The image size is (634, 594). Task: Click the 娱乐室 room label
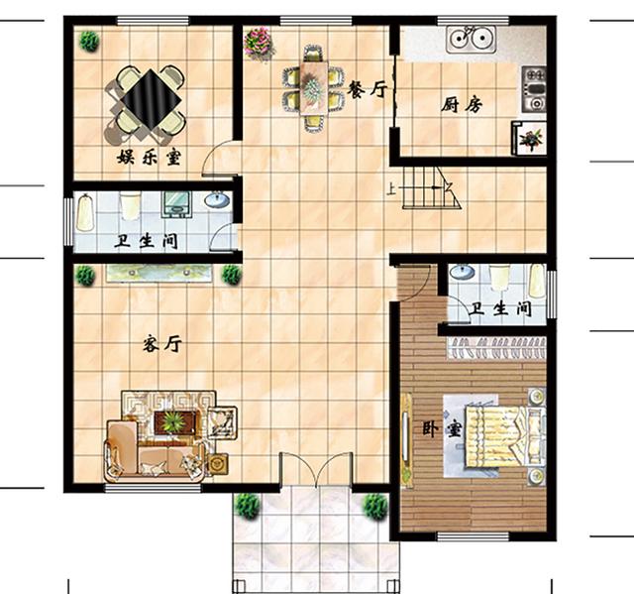(x=150, y=157)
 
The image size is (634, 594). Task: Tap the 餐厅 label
(x=368, y=89)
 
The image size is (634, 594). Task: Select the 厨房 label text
(x=462, y=105)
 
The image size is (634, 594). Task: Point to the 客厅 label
(x=162, y=345)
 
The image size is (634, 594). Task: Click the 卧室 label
(x=442, y=429)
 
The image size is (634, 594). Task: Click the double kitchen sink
(x=472, y=39)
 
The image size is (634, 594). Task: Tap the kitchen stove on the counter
(x=534, y=89)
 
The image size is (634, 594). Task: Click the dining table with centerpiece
(x=313, y=86)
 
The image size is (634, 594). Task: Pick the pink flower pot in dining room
(x=259, y=43)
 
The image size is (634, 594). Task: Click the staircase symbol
(x=431, y=187)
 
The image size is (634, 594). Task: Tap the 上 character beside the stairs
(x=390, y=189)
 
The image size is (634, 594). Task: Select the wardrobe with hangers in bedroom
(x=497, y=348)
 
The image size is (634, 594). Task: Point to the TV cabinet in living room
(x=158, y=273)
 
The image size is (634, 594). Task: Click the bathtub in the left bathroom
(x=85, y=213)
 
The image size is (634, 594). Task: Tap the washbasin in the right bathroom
(x=463, y=272)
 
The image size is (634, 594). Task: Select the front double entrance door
(x=316, y=469)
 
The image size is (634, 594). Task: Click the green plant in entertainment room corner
(x=88, y=42)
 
